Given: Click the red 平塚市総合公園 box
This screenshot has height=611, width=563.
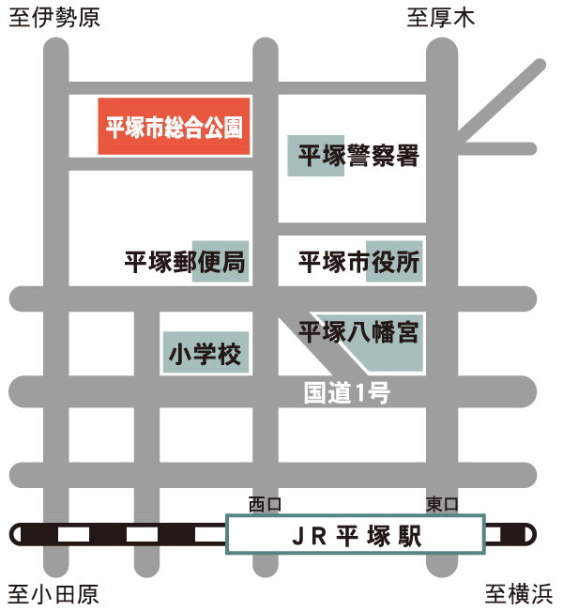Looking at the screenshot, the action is click(x=175, y=127).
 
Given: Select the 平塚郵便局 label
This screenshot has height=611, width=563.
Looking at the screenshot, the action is click(x=186, y=262).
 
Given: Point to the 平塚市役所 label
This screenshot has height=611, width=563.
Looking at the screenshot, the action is click(x=359, y=262).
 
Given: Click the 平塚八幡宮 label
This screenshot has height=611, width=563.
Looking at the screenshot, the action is click(x=358, y=332).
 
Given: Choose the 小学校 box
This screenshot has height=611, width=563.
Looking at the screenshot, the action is click(x=205, y=354).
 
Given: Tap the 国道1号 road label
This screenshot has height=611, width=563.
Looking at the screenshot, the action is click(x=346, y=393).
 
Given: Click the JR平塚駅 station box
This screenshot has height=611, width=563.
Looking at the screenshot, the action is click(x=356, y=535).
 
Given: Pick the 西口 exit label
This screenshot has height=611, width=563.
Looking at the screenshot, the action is click(x=265, y=505).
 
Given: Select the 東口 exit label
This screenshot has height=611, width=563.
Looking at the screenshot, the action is click(x=442, y=505).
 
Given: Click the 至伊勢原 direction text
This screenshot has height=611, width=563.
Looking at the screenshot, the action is click(x=54, y=18).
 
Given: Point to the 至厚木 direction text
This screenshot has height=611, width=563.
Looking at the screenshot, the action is click(x=441, y=18).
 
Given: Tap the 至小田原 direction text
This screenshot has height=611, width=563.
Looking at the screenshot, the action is click(x=53, y=594).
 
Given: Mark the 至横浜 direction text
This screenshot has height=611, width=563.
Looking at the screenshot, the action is click(x=519, y=594).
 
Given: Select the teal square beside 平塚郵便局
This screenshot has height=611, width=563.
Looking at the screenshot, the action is click(x=221, y=262).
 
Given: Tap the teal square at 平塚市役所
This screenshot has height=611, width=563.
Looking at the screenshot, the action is click(x=395, y=262).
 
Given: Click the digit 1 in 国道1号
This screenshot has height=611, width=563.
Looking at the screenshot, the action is click(x=361, y=394).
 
